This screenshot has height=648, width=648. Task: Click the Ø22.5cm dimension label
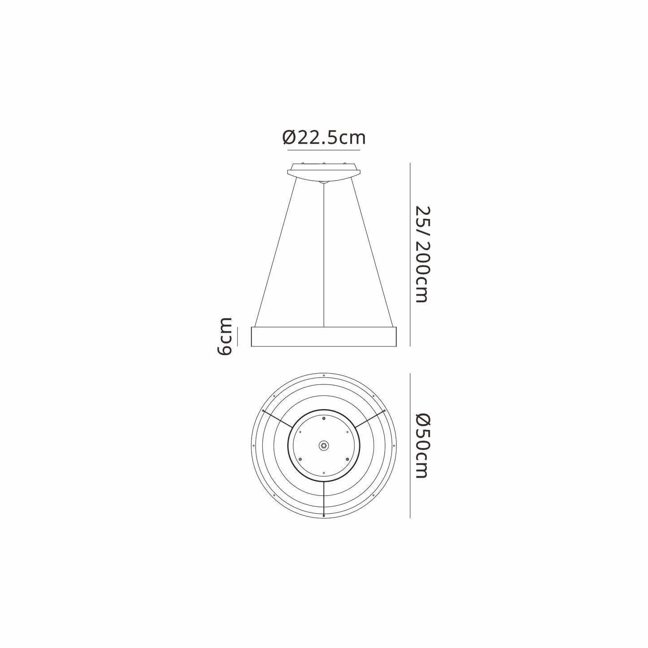click(x=323, y=138)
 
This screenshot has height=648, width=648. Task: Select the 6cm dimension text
click(x=224, y=336)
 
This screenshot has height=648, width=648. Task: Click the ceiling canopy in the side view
click(x=323, y=173)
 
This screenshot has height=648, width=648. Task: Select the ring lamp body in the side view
click(x=324, y=336)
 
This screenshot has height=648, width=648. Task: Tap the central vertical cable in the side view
click(x=323, y=255)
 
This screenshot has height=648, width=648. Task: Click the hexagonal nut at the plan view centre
click(x=323, y=445)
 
